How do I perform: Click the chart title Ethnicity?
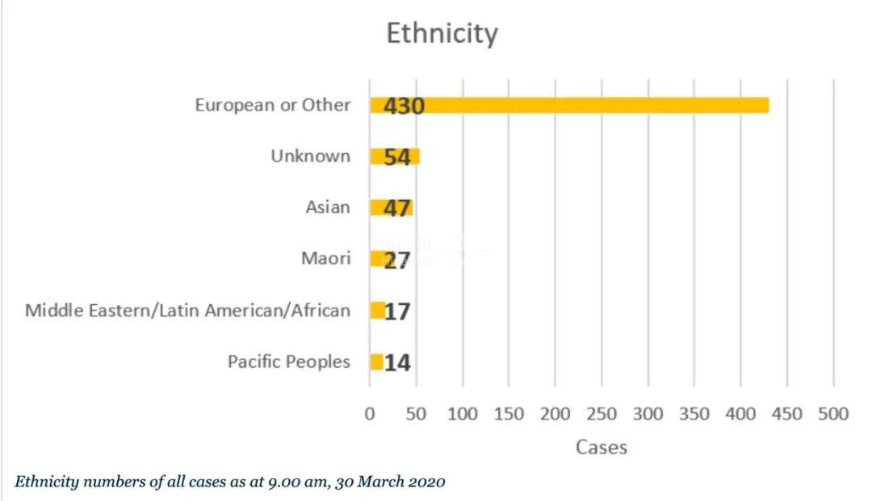[x=442, y=34]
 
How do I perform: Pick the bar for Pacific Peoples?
[x=376, y=362]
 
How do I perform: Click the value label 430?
[x=404, y=106]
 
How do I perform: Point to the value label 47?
[x=397, y=208]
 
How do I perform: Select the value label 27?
[x=397, y=260]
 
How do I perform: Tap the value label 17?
[x=397, y=311]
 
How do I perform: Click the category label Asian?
[x=328, y=207]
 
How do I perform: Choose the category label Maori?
[x=325, y=259]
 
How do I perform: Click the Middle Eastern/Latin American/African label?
[x=188, y=311]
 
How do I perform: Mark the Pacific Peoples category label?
[x=289, y=361]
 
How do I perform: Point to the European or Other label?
[x=273, y=105]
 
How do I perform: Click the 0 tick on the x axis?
[x=370, y=414]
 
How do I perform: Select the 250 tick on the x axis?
[x=601, y=414]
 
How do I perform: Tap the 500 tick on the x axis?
[x=833, y=414]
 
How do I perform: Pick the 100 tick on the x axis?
[x=463, y=414]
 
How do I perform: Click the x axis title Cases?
[x=602, y=446]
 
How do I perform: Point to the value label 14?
[x=397, y=363]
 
